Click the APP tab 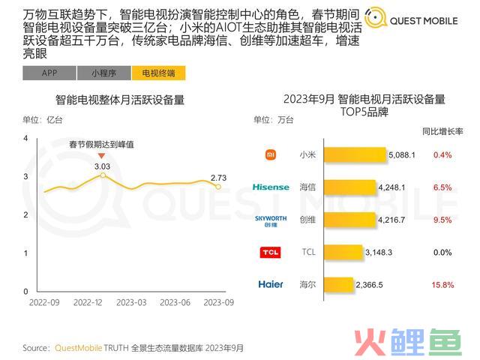click(x=49, y=73)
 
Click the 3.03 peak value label click(x=103, y=166)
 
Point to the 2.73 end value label click(x=218, y=178)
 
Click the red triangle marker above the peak click(x=102, y=155)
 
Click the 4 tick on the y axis click(x=25, y=139)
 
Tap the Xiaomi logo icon click(x=271, y=155)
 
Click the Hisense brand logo click(x=271, y=187)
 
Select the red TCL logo click(x=271, y=252)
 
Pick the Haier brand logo click(x=271, y=284)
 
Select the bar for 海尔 click(x=337, y=284)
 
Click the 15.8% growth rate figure click(x=443, y=284)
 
